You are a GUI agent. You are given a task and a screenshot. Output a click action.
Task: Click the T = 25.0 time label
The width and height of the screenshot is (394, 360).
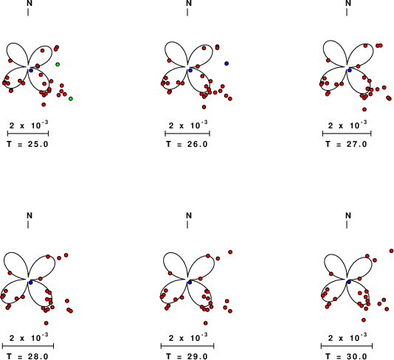coord(27,144)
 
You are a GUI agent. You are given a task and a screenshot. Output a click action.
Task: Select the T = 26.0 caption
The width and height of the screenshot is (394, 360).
coord(187,144)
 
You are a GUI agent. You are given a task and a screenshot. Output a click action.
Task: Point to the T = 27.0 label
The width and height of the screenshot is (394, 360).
coord(347,144)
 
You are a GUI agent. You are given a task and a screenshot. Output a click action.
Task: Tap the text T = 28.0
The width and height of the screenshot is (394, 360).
coord(27,356)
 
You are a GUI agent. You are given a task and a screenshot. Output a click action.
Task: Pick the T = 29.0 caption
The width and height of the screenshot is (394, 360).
coord(187,356)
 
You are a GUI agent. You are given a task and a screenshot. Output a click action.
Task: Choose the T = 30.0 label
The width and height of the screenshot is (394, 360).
coord(347,356)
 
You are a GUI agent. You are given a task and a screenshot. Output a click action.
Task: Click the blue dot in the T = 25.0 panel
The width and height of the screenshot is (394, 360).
coord(31,71)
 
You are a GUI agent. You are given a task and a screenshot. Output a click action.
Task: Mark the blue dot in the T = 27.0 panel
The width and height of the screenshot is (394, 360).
coord(350,70)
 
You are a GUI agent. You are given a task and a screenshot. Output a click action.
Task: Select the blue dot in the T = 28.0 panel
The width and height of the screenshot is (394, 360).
coord(31,283)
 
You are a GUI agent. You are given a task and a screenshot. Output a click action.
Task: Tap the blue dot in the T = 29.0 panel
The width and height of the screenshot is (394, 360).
coord(190,283)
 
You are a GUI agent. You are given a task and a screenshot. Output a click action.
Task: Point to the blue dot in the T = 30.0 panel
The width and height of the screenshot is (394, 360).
coord(349,283)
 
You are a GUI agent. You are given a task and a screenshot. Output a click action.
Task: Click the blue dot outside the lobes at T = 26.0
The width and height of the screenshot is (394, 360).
coord(227,63)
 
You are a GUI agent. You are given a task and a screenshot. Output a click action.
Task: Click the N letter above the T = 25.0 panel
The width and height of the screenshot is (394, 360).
coord(30,3)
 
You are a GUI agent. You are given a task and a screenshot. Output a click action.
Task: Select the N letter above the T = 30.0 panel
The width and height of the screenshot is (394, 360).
coord(348,215)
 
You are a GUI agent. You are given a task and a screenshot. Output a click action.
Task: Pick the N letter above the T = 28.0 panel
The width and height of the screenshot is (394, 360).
coord(30,215)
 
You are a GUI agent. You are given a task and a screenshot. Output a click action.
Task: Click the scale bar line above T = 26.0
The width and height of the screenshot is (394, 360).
coord(187,134)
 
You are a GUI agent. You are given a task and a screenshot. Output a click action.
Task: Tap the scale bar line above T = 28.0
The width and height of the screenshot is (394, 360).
coord(28,346)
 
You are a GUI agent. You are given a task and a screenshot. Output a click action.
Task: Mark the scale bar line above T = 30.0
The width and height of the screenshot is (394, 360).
coord(347,346)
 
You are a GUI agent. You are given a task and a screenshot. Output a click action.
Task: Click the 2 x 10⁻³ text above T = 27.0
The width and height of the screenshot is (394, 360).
coord(348,125)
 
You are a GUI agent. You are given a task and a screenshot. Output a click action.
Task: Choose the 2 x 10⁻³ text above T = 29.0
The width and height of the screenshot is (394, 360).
coord(188,337)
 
